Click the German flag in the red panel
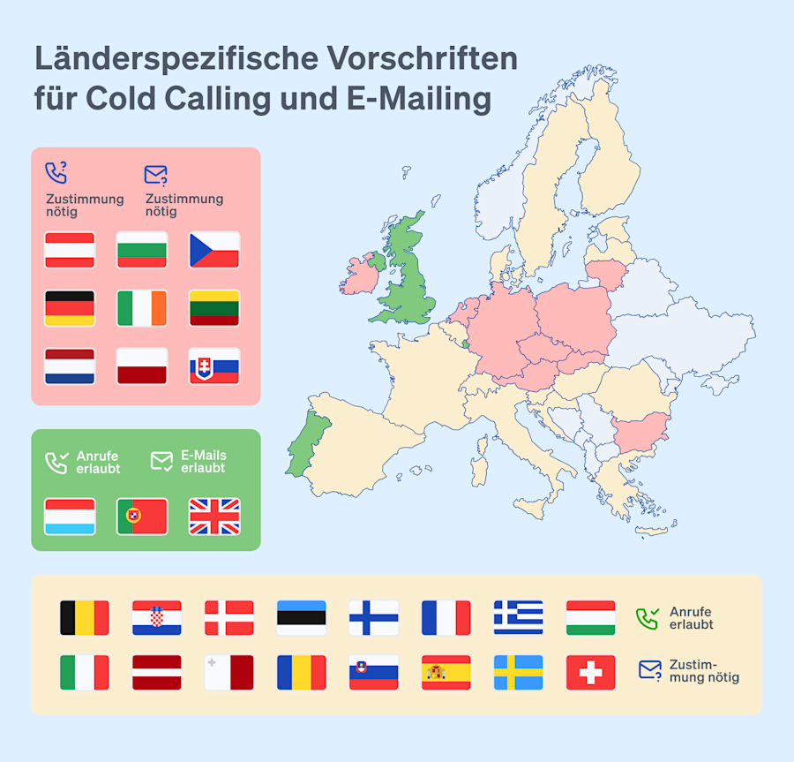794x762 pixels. pos(70,308)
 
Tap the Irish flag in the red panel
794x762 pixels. pos(142,308)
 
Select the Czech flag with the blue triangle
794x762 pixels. pos(214,250)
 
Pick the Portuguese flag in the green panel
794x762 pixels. pos(142,517)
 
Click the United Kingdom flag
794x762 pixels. pos(214,517)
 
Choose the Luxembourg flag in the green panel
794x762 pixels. pos(70,517)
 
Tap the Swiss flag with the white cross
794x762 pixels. pos(590,673)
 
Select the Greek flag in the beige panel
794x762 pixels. pos(518,618)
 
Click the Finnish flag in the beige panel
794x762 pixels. pos(373,618)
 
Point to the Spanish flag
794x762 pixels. pos(446,673)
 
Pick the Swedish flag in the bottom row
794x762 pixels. pos(518,673)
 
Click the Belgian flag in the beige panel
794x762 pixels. pos(84,618)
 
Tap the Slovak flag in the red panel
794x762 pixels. pos(214,366)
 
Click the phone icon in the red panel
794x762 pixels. pos(56,173)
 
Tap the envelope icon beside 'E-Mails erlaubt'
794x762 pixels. pos(161,461)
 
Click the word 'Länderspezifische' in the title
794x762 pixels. pos(176,60)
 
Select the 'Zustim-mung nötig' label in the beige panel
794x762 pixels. pos(704,671)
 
